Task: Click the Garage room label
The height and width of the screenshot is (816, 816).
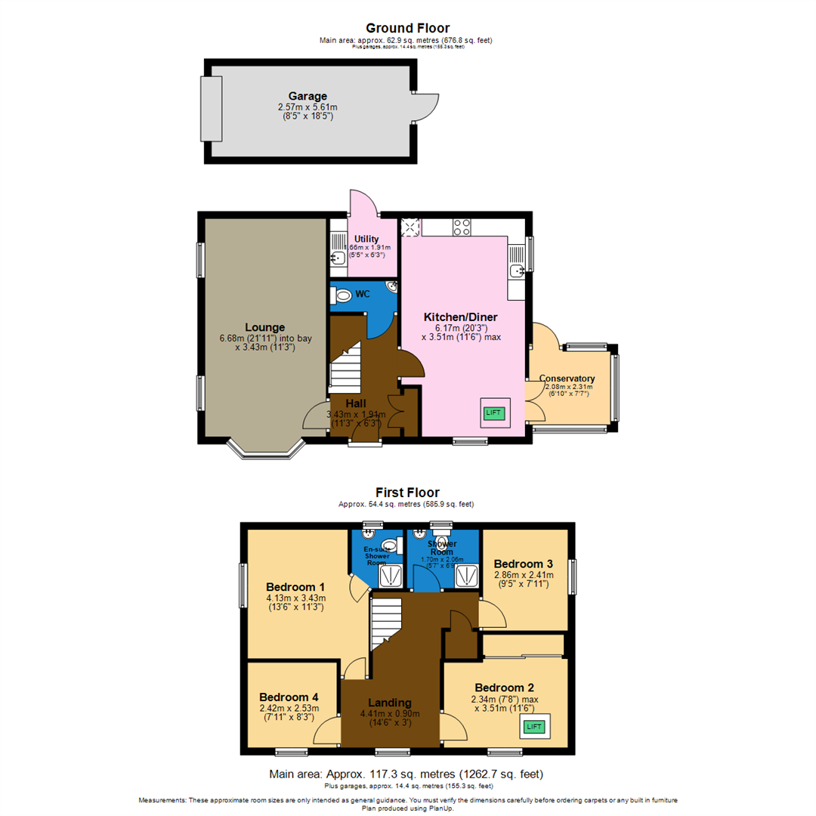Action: pos(308,97)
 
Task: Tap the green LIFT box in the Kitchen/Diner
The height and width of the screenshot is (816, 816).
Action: pos(493,413)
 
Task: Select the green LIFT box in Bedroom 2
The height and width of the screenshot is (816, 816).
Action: pos(534,727)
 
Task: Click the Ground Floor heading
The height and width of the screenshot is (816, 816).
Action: pos(407,29)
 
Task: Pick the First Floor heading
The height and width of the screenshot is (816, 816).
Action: pos(407,493)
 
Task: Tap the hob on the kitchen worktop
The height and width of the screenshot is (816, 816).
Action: pos(462,227)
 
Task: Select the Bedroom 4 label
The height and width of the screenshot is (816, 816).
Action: pos(289,697)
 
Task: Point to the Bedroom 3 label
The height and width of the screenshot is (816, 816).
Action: pos(524,564)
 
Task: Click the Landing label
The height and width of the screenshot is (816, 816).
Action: pos(390,703)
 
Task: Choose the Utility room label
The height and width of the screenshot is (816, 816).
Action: pos(366,239)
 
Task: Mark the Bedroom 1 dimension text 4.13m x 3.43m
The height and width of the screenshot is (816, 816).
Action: pos(295,598)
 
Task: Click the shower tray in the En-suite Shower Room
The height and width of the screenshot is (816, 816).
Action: pos(391,576)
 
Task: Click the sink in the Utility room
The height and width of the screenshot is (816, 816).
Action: pos(336,259)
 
